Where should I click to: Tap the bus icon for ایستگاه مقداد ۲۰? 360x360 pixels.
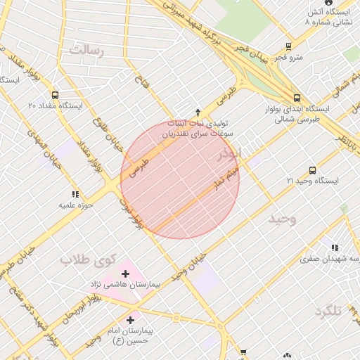pyautogui.click(x=56, y=94)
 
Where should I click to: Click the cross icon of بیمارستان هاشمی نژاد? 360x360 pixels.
pyautogui.click(x=126, y=274)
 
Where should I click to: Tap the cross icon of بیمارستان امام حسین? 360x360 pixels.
pyautogui.click(x=130, y=320)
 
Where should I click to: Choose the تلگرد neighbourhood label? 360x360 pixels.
pyautogui.click(x=333, y=310)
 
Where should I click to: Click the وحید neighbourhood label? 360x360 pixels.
pyautogui.click(x=283, y=219)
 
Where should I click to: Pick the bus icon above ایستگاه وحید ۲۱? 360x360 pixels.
pyautogui.click(x=313, y=170)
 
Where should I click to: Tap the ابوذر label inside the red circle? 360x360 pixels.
pyautogui.click(x=228, y=153)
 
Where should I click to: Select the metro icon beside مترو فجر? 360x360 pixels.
pyautogui.click(x=288, y=46)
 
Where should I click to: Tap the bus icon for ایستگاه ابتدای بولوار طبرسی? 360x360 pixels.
pyautogui.click(x=297, y=98)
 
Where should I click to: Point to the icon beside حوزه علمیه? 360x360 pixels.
pyautogui.click(x=75, y=193)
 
